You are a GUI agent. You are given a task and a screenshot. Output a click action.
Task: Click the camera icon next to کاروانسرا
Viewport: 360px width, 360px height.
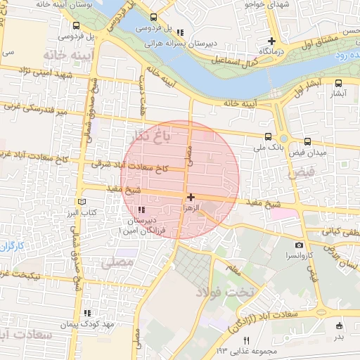tap(300, 245)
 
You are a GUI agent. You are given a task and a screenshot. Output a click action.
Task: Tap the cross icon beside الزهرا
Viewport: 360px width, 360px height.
tap(191, 198)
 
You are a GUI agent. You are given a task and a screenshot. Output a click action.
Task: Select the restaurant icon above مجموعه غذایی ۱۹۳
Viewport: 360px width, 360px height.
tap(246, 340)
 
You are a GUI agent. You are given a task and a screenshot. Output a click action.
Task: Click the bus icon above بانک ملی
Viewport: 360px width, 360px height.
tap(267, 137)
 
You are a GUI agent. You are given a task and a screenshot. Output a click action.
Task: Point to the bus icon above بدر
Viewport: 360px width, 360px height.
tap(340, 326)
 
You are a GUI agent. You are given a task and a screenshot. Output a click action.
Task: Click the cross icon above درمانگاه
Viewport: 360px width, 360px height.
tap(272, 41)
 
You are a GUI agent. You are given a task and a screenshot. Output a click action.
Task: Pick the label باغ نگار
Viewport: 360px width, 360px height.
tap(152, 136)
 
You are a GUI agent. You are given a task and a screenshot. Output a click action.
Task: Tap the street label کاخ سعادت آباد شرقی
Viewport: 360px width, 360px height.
tap(130, 166)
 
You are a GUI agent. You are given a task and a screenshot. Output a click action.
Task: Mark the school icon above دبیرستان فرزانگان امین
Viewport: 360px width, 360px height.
tap(141, 210)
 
